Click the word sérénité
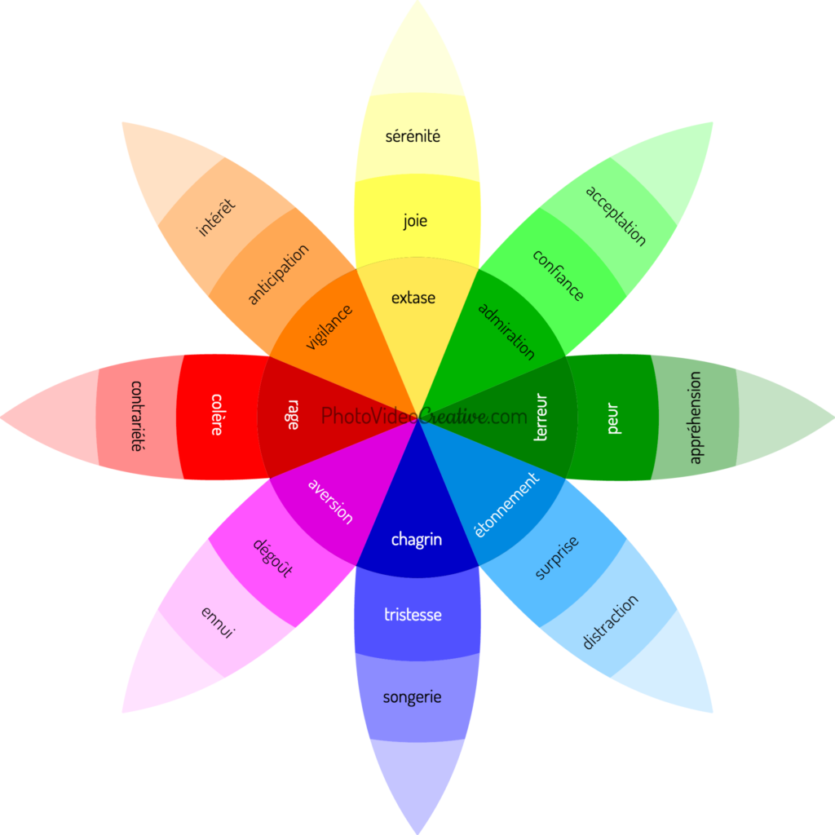pos(413,136)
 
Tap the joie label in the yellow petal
pos(415,220)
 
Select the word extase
pos(413,298)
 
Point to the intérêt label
pos(215,217)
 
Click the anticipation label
pos(279,274)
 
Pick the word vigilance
pos(329,327)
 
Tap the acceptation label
pos(616,215)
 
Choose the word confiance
pos(558,276)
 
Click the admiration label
pos(506,331)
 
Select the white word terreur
pos(541,417)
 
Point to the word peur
pos(613,418)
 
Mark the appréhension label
pos(695,417)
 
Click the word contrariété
pos(137,416)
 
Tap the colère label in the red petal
pos(216,414)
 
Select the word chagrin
pos(417,540)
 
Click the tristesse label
pos(413,615)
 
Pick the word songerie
pos(412,697)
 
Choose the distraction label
pos(610,622)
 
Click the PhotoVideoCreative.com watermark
pos(424,416)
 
